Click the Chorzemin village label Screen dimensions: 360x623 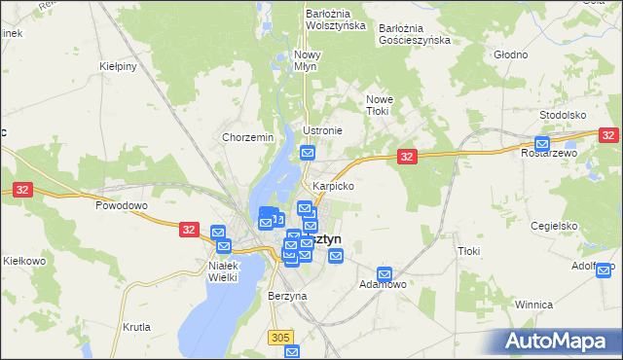247,138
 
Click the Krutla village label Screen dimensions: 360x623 136,327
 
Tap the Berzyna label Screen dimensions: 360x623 287,296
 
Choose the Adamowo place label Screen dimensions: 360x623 383,284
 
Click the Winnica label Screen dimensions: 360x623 534,305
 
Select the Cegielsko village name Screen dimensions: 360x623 555,225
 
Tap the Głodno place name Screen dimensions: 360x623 509,55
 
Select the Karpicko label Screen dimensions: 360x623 333,185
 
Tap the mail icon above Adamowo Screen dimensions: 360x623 385,274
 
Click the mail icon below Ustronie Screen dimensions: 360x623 308,152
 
